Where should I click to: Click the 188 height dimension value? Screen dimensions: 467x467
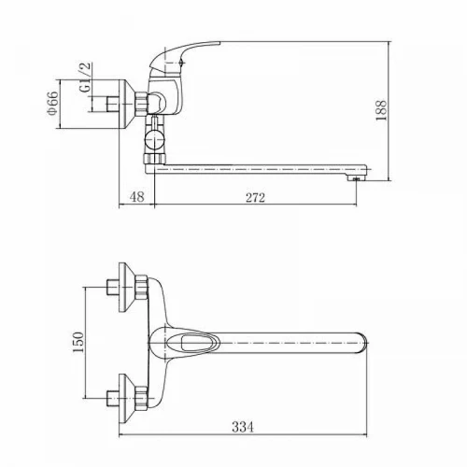click(381, 110)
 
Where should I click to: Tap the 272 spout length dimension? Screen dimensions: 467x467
click(255, 197)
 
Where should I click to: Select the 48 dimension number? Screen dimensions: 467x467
click(137, 197)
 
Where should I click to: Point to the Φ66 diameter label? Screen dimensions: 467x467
click(53, 103)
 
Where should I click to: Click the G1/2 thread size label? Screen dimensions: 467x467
click(85, 78)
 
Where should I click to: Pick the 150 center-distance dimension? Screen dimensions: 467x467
click(78, 342)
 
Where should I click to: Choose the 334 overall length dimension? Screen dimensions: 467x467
click(243, 427)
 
